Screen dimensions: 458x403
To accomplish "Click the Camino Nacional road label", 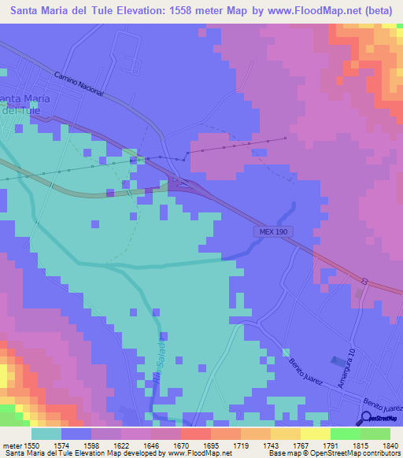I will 79,84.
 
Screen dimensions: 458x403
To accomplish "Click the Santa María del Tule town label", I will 24,104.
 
